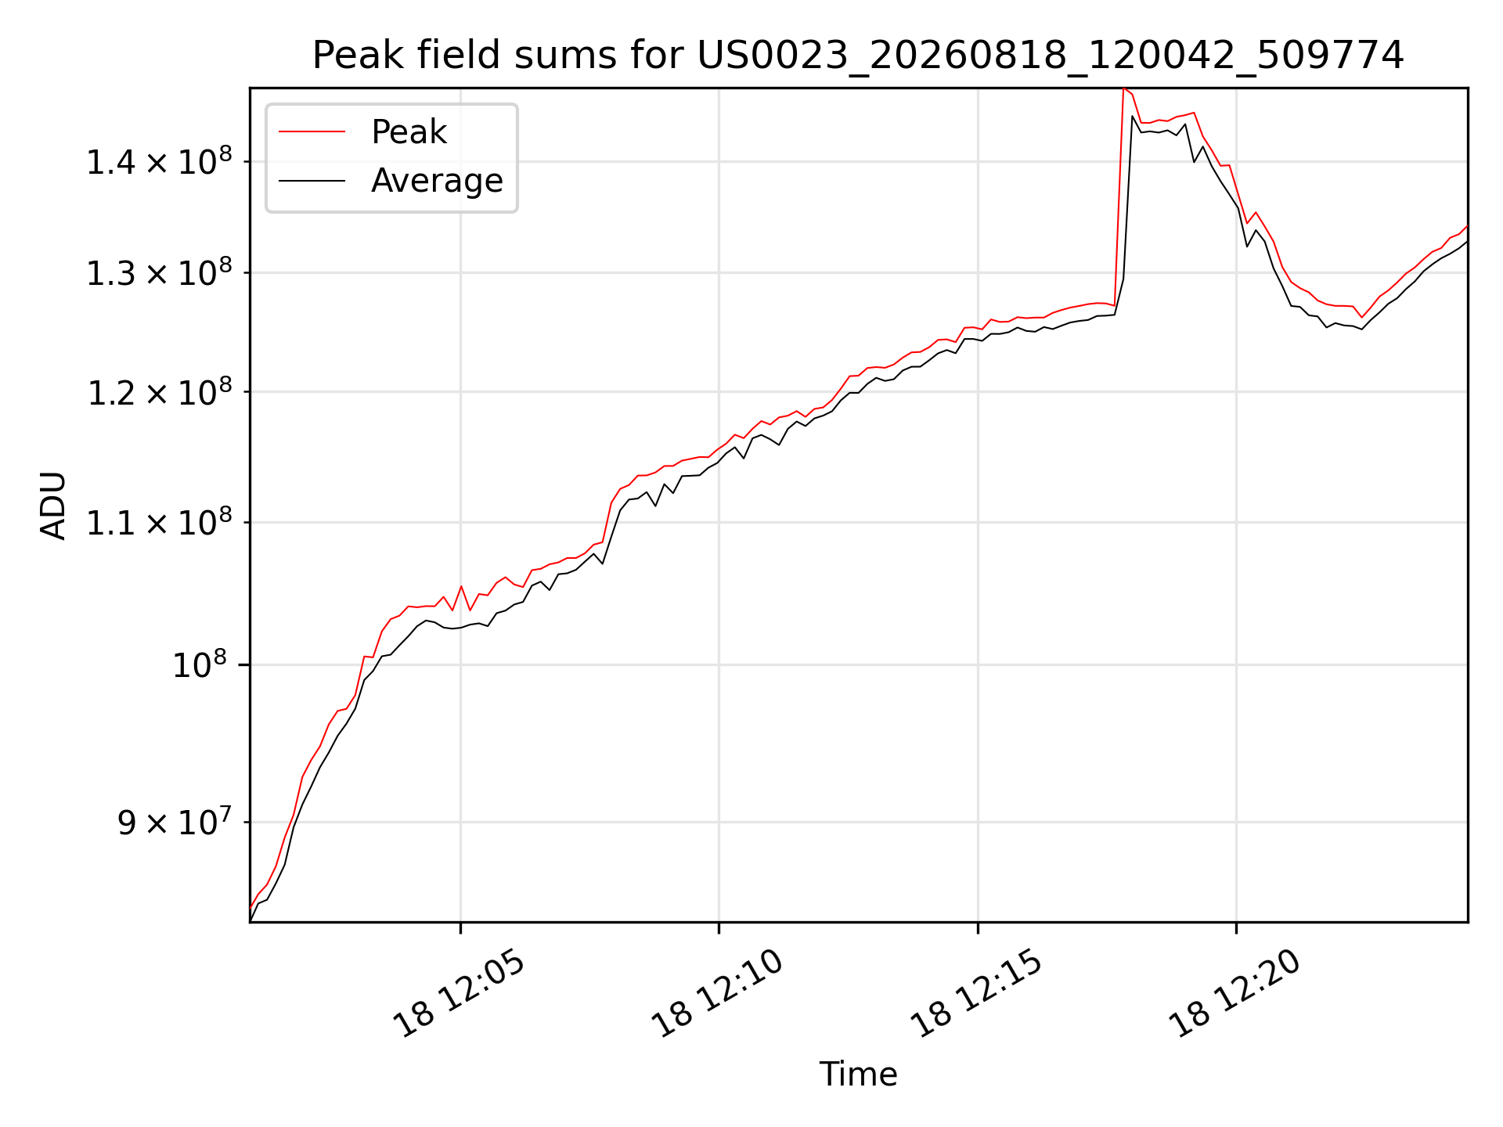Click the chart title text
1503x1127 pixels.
(x=858, y=55)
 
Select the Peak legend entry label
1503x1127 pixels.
(x=409, y=131)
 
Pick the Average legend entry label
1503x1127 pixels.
(x=437, y=180)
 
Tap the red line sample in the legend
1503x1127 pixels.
(x=312, y=131)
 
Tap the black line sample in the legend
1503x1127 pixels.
(x=312, y=181)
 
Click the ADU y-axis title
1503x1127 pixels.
(x=53, y=505)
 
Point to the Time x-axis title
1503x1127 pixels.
(x=858, y=1074)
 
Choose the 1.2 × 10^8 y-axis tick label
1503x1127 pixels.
(x=159, y=391)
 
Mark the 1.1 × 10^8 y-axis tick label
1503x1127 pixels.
(x=159, y=522)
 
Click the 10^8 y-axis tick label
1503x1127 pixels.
(x=199, y=664)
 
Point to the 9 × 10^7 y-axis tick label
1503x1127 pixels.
(x=175, y=822)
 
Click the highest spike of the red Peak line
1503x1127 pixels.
(x=1123, y=88)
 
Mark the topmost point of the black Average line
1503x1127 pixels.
(x=1133, y=116)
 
